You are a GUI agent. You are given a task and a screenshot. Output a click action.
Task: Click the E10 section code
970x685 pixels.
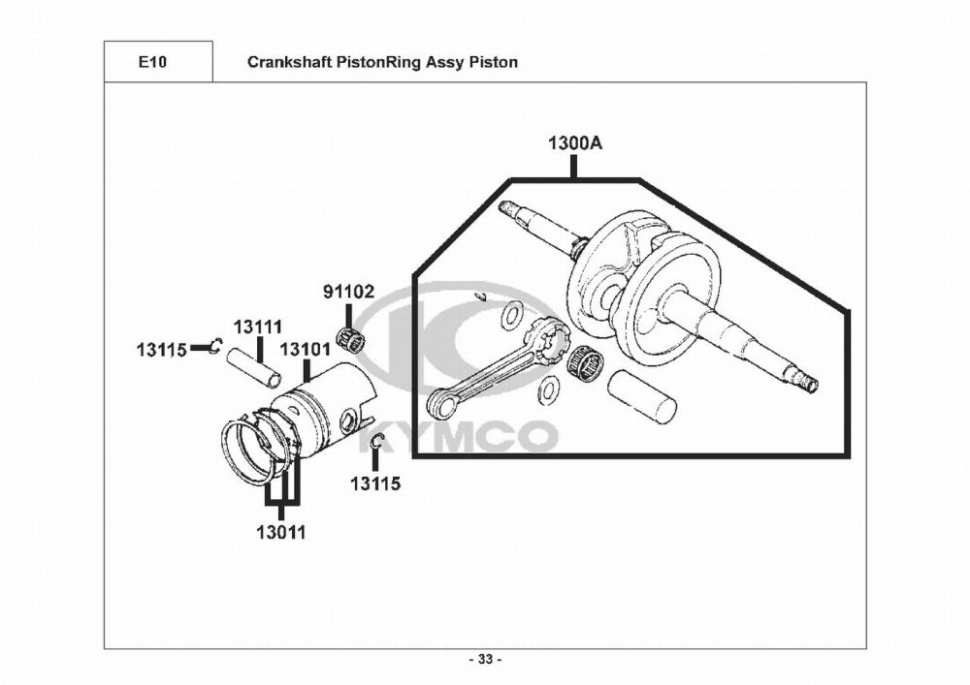(152, 62)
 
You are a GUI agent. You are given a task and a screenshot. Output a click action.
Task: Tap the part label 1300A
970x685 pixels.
(574, 143)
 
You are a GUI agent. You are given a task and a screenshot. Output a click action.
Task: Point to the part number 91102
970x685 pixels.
(347, 291)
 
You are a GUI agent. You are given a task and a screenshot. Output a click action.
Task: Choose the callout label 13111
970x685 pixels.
(256, 329)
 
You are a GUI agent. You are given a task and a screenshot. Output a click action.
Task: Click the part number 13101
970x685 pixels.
(305, 348)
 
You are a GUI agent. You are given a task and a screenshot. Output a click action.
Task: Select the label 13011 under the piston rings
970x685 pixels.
(281, 532)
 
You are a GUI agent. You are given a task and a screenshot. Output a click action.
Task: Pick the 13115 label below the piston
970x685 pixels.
(374, 483)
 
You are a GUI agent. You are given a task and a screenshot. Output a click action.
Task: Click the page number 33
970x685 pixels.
(485, 660)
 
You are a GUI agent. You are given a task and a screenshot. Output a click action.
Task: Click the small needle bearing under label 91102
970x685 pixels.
(350, 338)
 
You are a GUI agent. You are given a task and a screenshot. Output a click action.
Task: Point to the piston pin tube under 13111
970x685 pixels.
(255, 367)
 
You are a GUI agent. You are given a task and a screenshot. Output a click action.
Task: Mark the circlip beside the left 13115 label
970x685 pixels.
(218, 343)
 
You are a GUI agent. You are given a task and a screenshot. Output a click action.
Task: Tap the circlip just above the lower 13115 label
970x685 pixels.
(376, 444)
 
